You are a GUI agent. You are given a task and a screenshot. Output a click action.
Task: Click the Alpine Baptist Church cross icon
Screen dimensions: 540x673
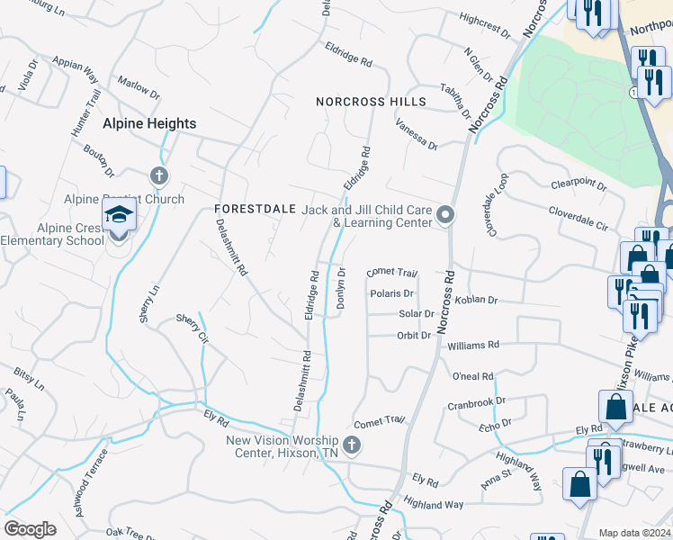(158, 175)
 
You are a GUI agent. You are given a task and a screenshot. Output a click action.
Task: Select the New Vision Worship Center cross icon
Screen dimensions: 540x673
(352, 445)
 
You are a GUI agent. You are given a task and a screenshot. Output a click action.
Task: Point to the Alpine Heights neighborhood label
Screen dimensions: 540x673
(149, 123)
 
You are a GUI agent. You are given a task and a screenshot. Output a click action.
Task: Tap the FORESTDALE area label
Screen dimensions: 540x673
(256, 208)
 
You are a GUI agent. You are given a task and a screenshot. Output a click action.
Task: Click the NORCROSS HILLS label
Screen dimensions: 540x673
(371, 102)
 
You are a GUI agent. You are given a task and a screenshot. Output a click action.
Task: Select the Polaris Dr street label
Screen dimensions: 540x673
(391, 293)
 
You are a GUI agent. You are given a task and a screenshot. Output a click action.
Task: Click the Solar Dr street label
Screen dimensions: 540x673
(417, 314)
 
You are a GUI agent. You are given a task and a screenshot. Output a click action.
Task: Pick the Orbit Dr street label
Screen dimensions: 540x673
(415, 336)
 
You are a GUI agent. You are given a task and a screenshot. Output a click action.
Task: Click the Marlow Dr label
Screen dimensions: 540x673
(139, 88)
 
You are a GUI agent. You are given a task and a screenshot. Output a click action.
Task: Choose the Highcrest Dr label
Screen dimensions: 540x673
(484, 24)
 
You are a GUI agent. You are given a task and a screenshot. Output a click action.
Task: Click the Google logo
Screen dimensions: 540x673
(30, 529)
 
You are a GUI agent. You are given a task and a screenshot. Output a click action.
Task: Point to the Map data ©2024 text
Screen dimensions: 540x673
(634, 533)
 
